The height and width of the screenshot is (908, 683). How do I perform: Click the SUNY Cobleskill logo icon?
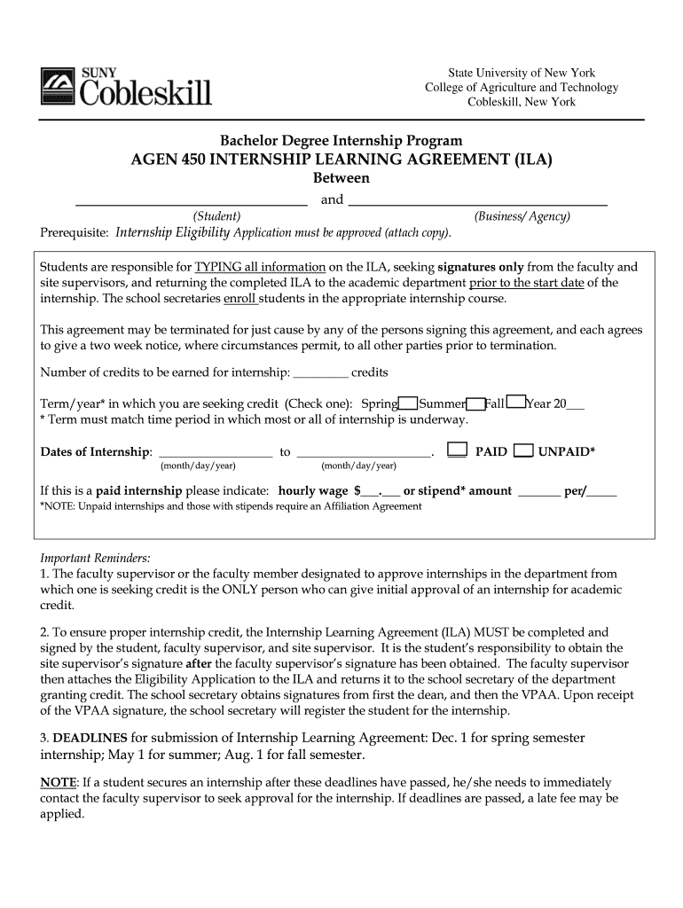click(58, 89)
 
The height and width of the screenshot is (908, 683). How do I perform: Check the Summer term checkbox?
click(476, 403)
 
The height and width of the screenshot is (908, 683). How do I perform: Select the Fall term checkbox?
click(516, 403)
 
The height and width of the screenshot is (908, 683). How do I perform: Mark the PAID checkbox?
click(457, 450)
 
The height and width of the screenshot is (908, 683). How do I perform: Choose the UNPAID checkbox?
click(523, 450)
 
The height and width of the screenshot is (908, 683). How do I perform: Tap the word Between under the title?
click(341, 178)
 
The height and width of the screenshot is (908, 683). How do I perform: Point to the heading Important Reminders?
click(96, 559)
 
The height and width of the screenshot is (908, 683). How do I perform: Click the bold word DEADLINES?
click(90, 739)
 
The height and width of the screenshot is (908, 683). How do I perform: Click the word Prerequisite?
click(75, 232)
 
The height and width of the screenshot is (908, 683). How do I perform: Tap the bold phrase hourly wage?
click(313, 490)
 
